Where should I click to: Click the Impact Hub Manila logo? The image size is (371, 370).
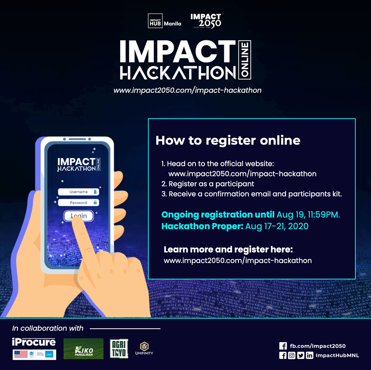coord(164,21)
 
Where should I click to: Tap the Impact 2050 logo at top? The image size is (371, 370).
coord(206,21)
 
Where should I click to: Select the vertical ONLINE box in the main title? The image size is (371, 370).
coord(245,60)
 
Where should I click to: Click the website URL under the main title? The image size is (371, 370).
coord(187,90)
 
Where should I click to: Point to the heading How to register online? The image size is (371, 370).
coord(228,140)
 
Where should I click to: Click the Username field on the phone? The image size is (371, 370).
coord(78,192)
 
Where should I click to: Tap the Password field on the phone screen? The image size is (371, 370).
coord(78,203)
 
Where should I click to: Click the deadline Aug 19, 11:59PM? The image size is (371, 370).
coord(308,215)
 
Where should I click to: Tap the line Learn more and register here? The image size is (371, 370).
coord(228,249)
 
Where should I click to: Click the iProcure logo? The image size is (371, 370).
coord(34,342)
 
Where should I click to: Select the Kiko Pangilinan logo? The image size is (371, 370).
coord(83,349)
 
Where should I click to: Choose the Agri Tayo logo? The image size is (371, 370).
coord(119,348)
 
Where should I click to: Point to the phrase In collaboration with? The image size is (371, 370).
coord(48,328)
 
